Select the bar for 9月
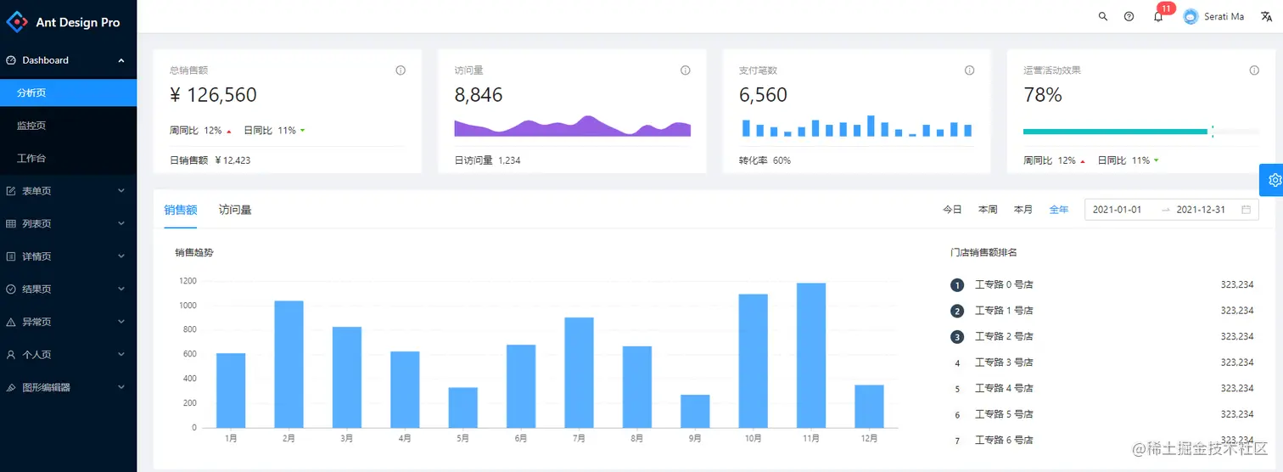tap(695, 411)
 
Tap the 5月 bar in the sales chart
tap(462, 407)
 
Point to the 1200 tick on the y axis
tap(188, 281)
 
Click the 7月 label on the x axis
tap(579, 439)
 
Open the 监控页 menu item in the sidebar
tap(31, 126)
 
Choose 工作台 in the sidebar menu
tap(31, 159)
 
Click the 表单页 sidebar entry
tap(36, 191)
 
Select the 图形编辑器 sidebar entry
tap(46, 387)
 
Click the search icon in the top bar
tap(1103, 16)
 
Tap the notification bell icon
tap(1158, 17)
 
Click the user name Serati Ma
tap(1224, 17)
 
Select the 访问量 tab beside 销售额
tap(235, 210)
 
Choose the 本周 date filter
tap(988, 210)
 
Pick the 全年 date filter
tap(1059, 210)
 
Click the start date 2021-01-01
tap(1117, 210)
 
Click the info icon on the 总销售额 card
tap(401, 70)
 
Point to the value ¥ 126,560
tap(214, 95)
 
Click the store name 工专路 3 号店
tap(1004, 362)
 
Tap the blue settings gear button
tap(1274, 180)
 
